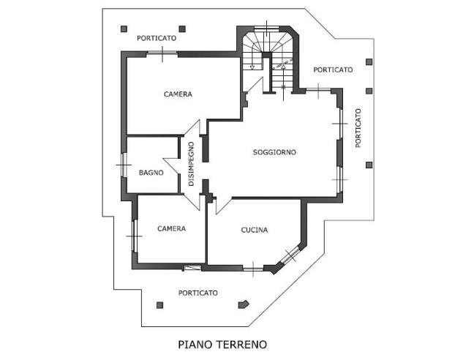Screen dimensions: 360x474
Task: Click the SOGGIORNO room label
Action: coord(274,152)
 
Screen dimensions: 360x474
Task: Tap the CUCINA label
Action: coord(255,230)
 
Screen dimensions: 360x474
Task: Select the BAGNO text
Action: coord(151,173)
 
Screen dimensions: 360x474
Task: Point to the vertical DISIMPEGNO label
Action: coord(191,163)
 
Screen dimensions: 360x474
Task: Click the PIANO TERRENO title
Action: coord(222,342)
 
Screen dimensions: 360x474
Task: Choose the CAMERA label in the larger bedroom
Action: coord(178,94)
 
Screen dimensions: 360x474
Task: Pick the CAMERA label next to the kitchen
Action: coord(171,228)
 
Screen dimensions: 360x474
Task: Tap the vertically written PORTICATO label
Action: coord(358,128)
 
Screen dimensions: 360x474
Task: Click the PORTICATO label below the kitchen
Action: coord(198,293)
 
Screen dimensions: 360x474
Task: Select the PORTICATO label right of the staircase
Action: coord(333,70)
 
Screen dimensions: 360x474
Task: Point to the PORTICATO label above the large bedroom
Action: coord(157,37)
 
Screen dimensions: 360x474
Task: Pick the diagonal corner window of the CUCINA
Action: coord(290,255)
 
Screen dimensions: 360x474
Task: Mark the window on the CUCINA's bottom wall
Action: coord(252,267)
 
